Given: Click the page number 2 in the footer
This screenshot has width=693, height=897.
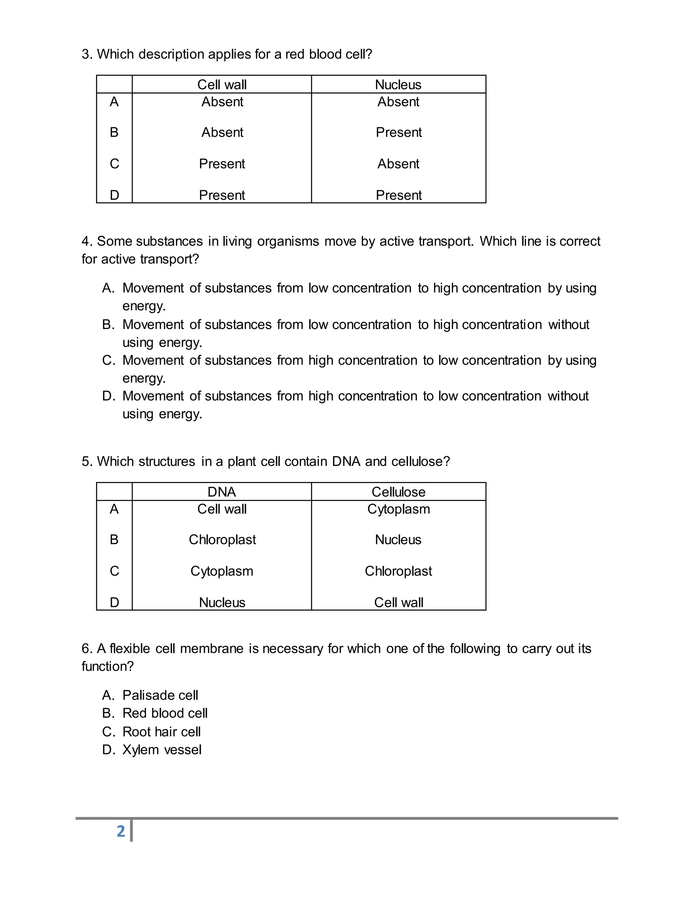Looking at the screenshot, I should tap(121, 831).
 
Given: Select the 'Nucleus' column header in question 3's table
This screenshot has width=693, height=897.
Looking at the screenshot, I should tap(398, 85).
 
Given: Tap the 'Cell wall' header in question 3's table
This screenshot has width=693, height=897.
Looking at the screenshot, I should tap(222, 85).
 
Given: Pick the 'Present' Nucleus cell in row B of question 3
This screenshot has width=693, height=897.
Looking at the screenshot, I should tap(399, 132).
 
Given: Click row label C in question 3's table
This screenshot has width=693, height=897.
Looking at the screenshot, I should tap(114, 164).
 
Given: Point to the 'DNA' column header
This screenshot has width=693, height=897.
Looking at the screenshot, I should tap(222, 491).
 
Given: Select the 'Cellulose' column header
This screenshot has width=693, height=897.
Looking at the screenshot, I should tap(398, 491).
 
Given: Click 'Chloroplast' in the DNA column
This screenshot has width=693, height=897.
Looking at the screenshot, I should tap(222, 539).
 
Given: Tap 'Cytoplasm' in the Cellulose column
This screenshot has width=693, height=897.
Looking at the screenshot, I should tap(398, 509).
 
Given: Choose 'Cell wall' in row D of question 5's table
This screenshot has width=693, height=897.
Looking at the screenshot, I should tap(398, 602).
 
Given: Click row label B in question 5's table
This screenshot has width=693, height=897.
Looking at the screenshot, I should tap(114, 539).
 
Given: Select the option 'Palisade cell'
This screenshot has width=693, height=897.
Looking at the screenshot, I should tap(160, 695).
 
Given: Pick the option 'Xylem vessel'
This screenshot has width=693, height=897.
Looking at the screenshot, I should tap(162, 749).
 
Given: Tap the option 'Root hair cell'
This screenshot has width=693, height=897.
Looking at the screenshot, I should tap(161, 731).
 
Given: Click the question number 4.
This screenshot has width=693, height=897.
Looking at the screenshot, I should tap(86, 241).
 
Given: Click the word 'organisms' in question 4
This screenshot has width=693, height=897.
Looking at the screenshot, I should tap(288, 241).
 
